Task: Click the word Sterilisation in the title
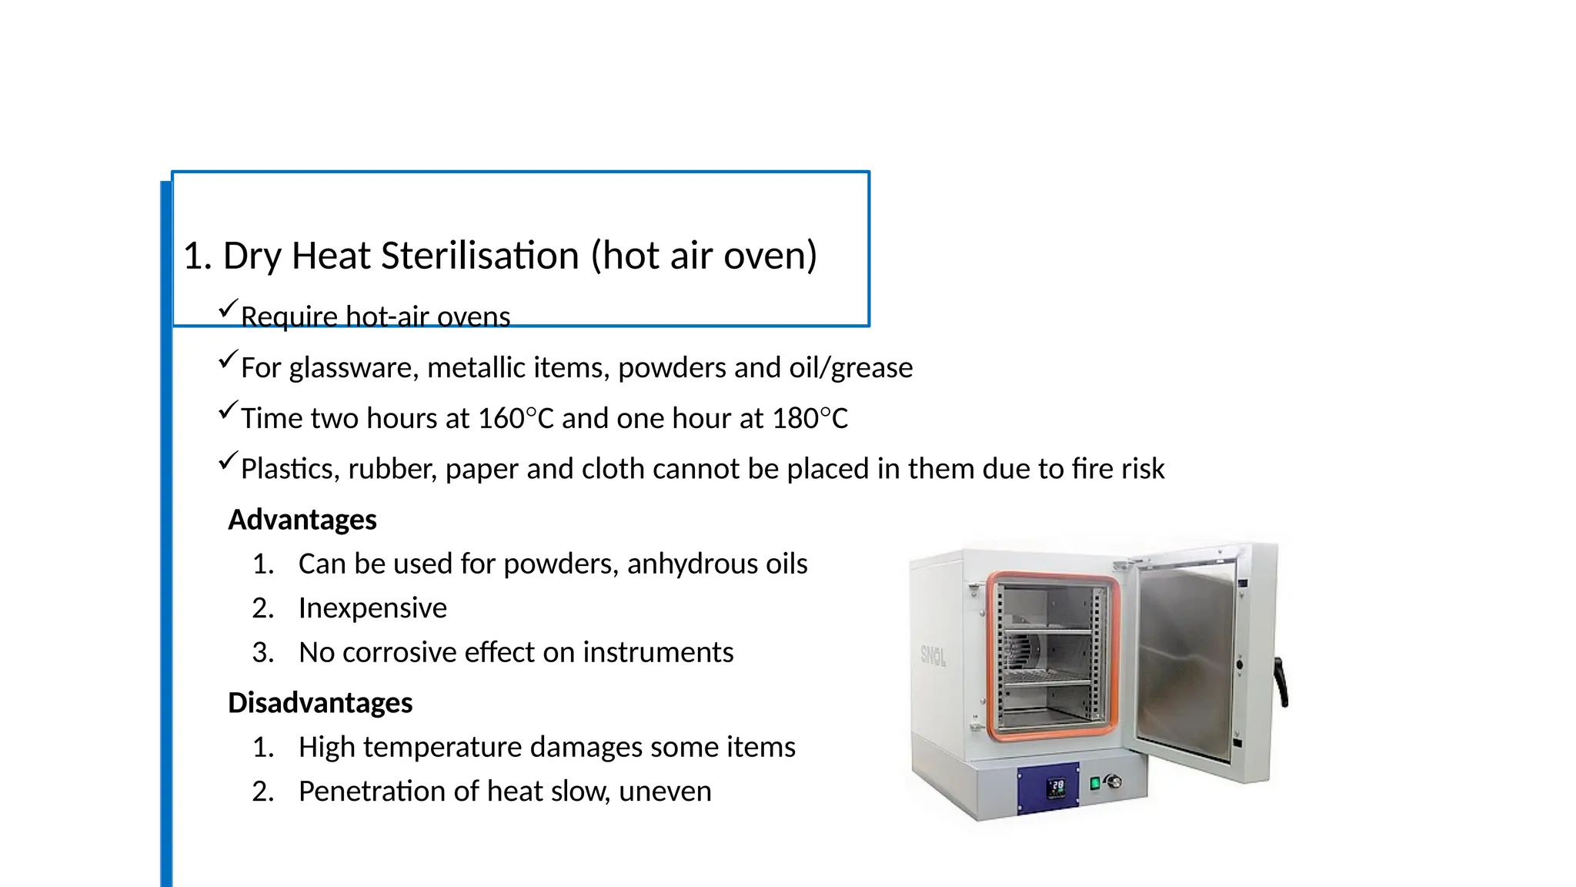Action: coord(480,256)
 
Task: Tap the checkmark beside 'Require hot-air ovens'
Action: coord(228,309)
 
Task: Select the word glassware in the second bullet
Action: coord(354,368)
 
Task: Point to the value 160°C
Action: coord(516,419)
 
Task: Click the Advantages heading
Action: coord(302,520)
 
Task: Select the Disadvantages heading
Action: coord(320,703)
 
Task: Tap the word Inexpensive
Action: coord(372,608)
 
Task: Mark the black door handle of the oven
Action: coord(1281,681)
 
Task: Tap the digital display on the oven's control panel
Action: coord(1057,787)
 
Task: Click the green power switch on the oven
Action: coord(1095,784)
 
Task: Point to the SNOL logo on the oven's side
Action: coord(933,656)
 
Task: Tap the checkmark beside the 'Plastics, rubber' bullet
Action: coord(228,460)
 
